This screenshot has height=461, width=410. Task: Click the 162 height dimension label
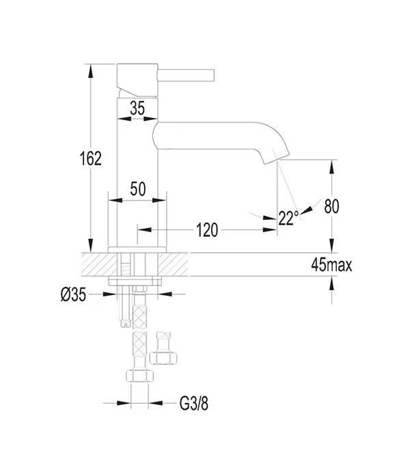point(91,158)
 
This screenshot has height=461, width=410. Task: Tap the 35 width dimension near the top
point(137,108)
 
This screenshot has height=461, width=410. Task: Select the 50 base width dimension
point(137,188)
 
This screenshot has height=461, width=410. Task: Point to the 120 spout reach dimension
point(207,230)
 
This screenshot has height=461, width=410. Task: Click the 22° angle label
point(288,218)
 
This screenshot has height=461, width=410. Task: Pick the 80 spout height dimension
point(331,206)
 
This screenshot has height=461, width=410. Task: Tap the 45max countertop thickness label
point(331,265)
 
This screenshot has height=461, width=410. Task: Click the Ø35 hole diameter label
point(73,294)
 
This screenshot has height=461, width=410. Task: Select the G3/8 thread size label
point(194,403)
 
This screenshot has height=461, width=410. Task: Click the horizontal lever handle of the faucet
point(186,75)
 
